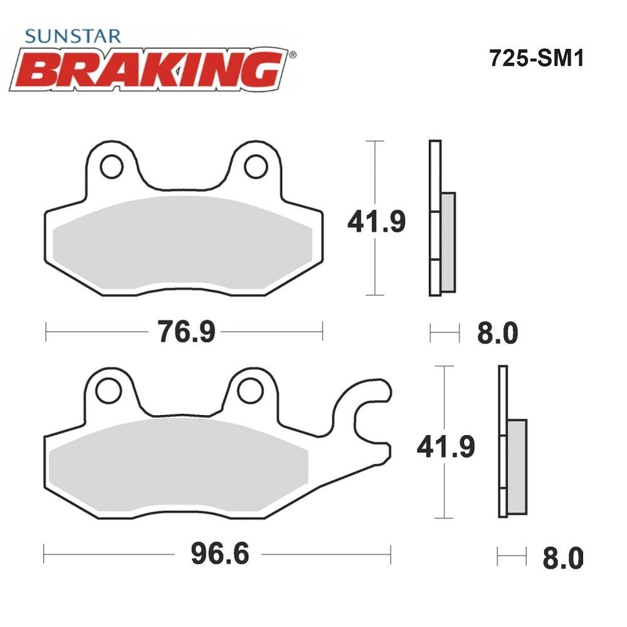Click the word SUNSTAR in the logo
point(72,36)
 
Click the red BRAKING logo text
point(149,70)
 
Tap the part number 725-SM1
point(537,58)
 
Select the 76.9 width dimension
point(186,332)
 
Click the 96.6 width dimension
point(220,554)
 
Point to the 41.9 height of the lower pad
point(446,446)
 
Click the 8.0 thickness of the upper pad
point(497,333)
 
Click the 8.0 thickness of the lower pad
point(562,558)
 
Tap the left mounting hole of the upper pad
point(112,167)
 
